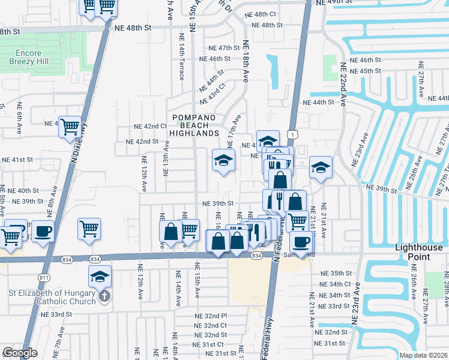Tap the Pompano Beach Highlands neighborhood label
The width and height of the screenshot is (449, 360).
(193, 125)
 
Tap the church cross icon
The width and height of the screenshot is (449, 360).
(104, 296)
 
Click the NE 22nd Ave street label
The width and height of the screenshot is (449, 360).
(343, 84)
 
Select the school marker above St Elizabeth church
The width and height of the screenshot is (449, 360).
(100, 276)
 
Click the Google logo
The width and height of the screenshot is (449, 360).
(20, 353)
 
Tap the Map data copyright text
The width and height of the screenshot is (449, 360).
(423, 355)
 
